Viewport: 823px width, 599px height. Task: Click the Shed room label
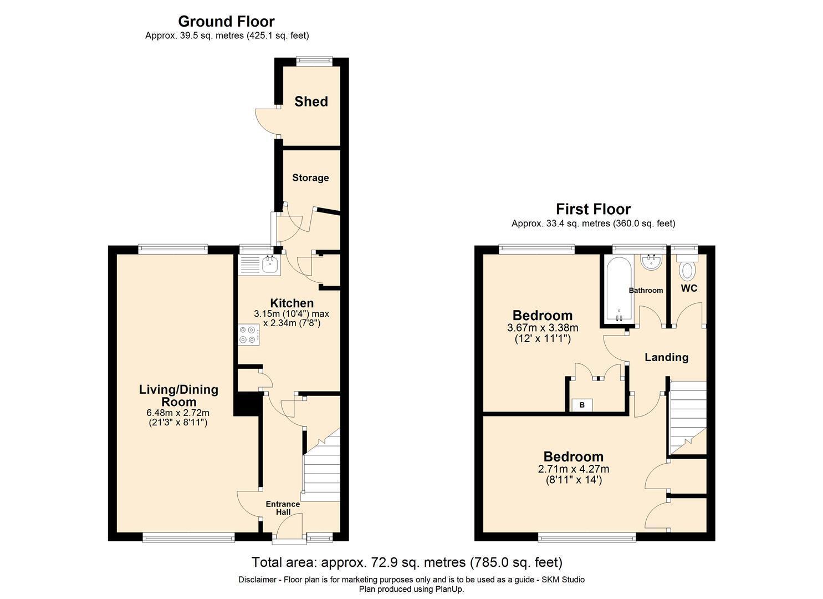pyautogui.click(x=311, y=101)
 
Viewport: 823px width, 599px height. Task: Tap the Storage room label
pyautogui.click(x=310, y=177)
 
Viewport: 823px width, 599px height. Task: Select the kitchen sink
pyautogui.click(x=270, y=265)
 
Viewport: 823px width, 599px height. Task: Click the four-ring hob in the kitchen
pyautogui.click(x=248, y=336)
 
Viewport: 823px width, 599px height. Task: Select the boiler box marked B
pyautogui.click(x=582, y=405)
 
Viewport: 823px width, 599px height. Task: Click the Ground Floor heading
pyautogui.click(x=226, y=22)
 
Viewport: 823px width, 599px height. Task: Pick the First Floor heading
pyautogui.click(x=593, y=209)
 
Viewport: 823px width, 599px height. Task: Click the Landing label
pyautogui.click(x=666, y=357)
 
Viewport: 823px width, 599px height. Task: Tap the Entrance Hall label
pyautogui.click(x=283, y=508)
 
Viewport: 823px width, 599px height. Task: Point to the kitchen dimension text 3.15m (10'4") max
pyautogui.click(x=292, y=314)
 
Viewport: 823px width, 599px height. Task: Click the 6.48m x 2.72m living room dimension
pyautogui.click(x=178, y=413)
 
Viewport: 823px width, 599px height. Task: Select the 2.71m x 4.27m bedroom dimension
pyautogui.click(x=573, y=469)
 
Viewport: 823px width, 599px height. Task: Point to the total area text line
pyautogui.click(x=407, y=562)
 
